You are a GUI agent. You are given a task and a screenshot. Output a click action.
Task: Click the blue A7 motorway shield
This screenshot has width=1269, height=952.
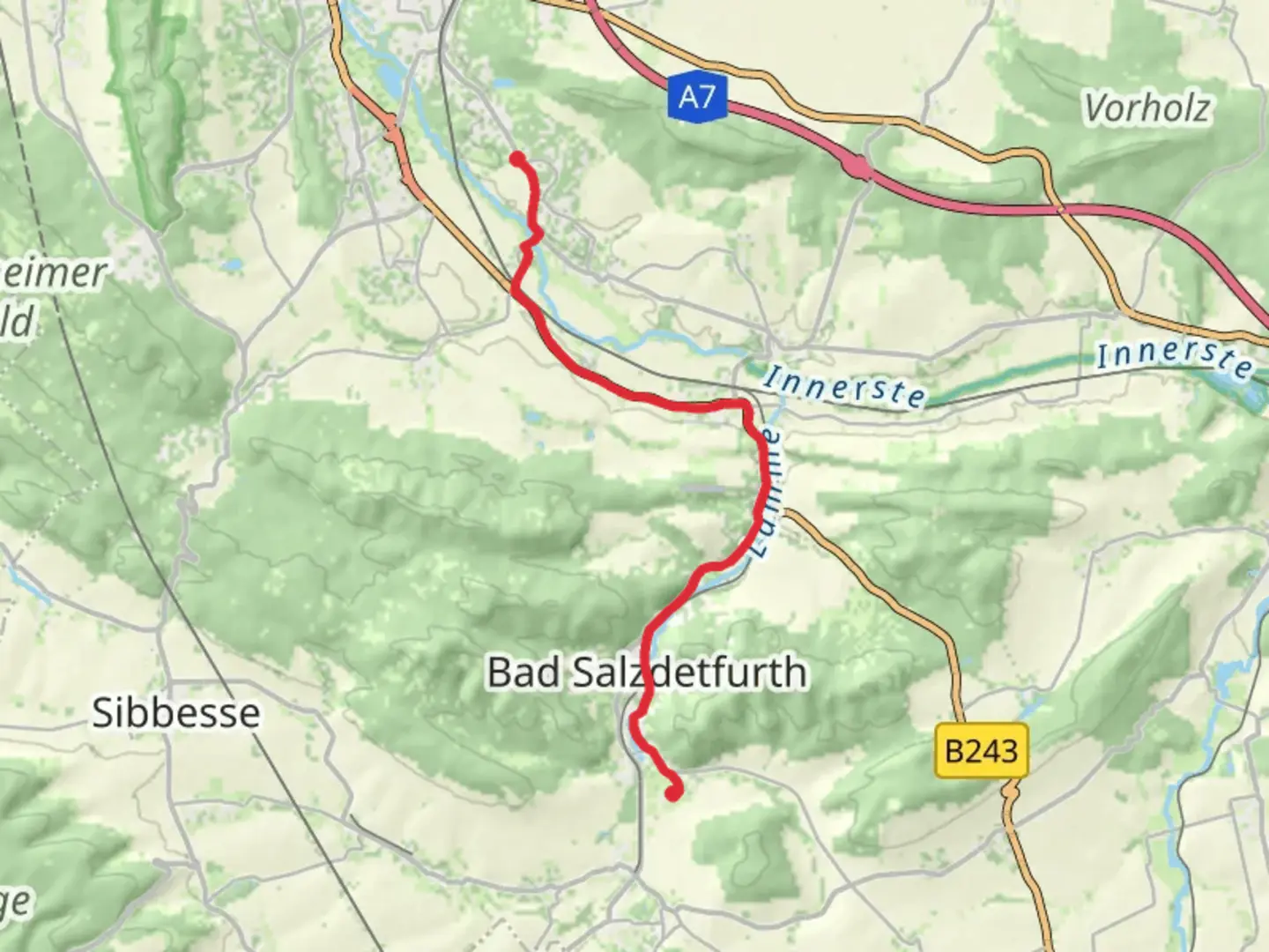click(696, 96)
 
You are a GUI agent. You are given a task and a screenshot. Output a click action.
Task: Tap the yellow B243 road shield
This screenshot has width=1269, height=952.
click(981, 751)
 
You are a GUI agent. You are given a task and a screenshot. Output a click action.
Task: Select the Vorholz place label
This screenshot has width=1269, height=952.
click(1147, 108)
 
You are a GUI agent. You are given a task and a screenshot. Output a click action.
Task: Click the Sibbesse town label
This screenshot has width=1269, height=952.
click(176, 712)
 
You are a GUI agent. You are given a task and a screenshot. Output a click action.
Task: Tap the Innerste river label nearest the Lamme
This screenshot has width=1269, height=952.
click(844, 388)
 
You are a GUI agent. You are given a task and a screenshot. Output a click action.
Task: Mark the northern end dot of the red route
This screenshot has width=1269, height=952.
click(518, 159)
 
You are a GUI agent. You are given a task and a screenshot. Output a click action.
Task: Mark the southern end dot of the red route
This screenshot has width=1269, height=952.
click(673, 793)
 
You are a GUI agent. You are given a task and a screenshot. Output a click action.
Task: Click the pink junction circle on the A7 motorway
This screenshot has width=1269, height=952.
click(856, 165)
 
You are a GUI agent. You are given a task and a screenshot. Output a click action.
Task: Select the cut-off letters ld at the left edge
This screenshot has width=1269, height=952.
click(16, 322)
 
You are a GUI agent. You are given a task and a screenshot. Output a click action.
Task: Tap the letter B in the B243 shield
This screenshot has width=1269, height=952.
click(954, 752)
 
